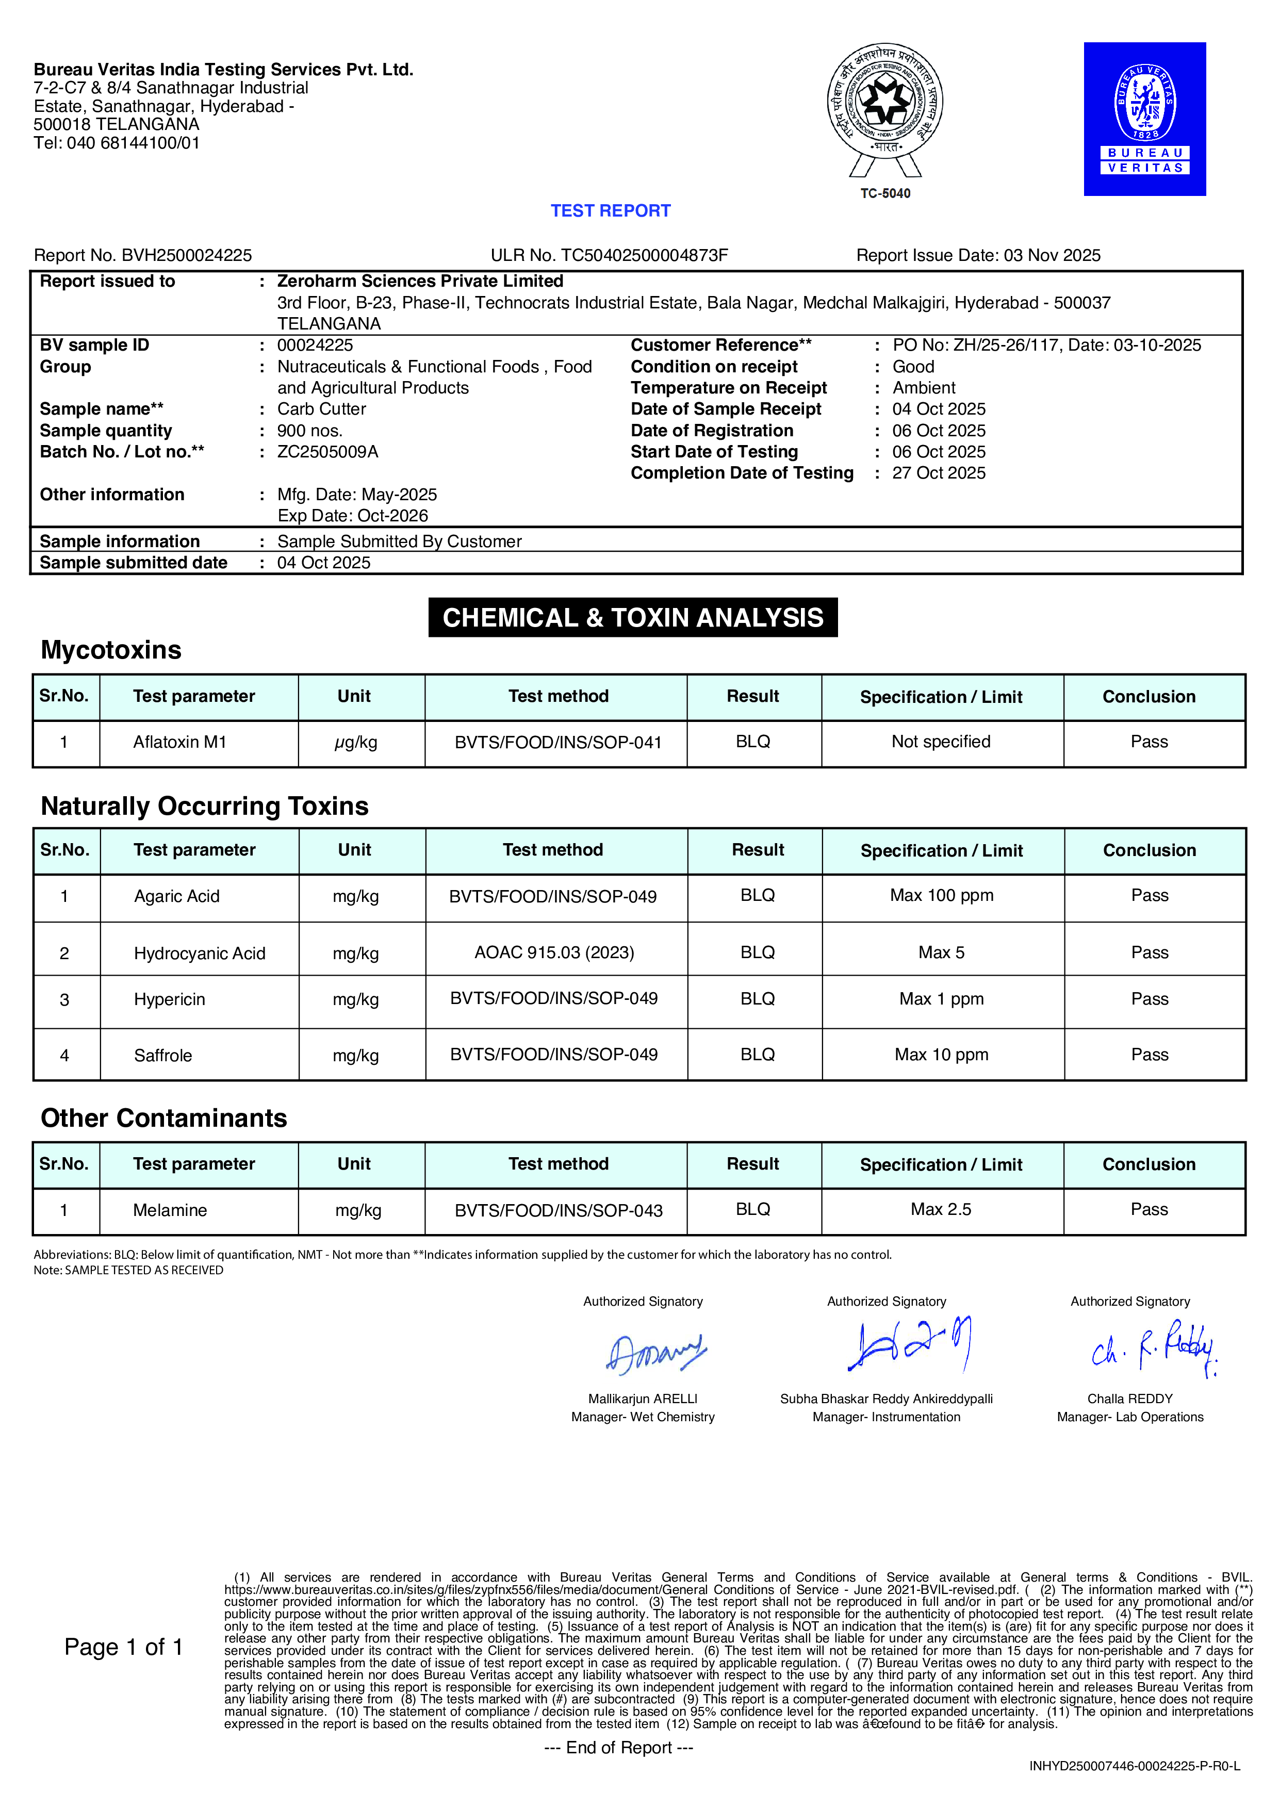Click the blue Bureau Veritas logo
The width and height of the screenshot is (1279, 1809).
[1144, 119]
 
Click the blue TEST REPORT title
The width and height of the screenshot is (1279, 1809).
[610, 211]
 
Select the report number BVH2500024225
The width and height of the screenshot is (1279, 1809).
[186, 255]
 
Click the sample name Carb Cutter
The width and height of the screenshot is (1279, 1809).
[321, 409]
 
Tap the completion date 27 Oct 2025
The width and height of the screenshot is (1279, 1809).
[939, 473]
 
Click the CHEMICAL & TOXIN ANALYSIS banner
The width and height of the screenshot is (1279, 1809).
[633, 618]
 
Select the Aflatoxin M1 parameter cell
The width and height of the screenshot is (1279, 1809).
[179, 742]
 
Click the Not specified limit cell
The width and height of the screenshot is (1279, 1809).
[941, 742]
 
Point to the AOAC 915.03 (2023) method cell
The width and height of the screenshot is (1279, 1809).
[554, 952]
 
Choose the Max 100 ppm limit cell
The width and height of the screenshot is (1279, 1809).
[942, 896]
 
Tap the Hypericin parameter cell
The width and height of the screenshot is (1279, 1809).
[170, 1000]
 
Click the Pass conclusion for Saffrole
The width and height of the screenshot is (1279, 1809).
[1149, 1055]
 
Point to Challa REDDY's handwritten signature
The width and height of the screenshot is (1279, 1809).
[1154, 1349]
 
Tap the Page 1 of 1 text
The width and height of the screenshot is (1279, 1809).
[124, 1648]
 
